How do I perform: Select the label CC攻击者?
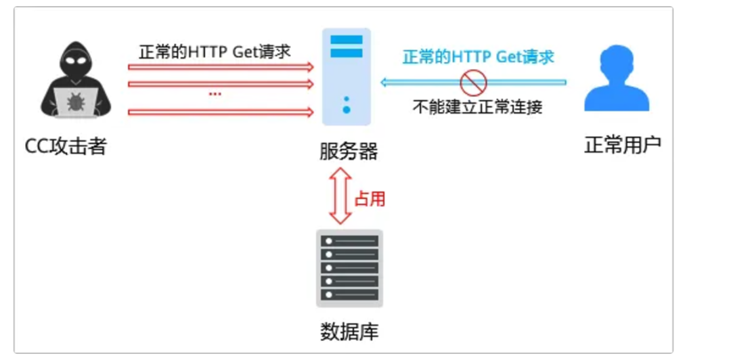[x=66, y=145]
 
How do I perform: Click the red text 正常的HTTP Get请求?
[x=215, y=52]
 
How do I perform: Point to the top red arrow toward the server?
[x=221, y=67]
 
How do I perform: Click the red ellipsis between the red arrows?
[x=215, y=94]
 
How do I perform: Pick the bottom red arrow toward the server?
[x=221, y=112]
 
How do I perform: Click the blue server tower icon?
[x=346, y=76]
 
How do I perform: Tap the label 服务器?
[x=348, y=150]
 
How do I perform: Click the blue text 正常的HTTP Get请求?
[x=478, y=57]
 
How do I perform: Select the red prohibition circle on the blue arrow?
[x=473, y=83]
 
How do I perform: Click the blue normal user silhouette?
[x=617, y=80]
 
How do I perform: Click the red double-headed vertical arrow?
[x=340, y=196]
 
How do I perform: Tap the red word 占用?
[x=370, y=199]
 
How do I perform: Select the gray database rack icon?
[x=349, y=268]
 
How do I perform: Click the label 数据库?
[x=349, y=332]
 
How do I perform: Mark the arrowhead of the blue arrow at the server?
[x=384, y=83]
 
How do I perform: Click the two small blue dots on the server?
[x=346, y=104]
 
